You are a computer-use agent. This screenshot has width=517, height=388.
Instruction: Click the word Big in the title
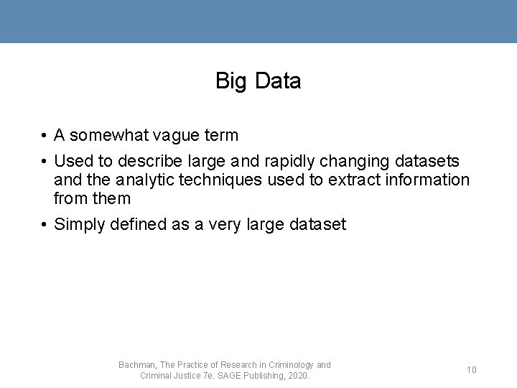(x=231, y=82)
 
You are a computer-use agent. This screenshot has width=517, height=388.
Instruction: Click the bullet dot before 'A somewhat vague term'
(x=45, y=136)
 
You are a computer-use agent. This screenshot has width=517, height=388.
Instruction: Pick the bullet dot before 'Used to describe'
(x=45, y=161)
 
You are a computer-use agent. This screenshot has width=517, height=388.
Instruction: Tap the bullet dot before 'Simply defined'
(x=45, y=225)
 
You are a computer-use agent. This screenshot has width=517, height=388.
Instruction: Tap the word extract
(x=354, y=180)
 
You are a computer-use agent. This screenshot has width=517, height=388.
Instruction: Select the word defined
(x=140, y=224)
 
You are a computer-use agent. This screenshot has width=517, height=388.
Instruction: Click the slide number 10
(x=472, y=370)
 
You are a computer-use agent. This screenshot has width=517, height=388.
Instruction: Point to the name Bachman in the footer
(x=136, y=365)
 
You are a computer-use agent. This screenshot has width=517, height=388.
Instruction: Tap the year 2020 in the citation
(x=299, y=376)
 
